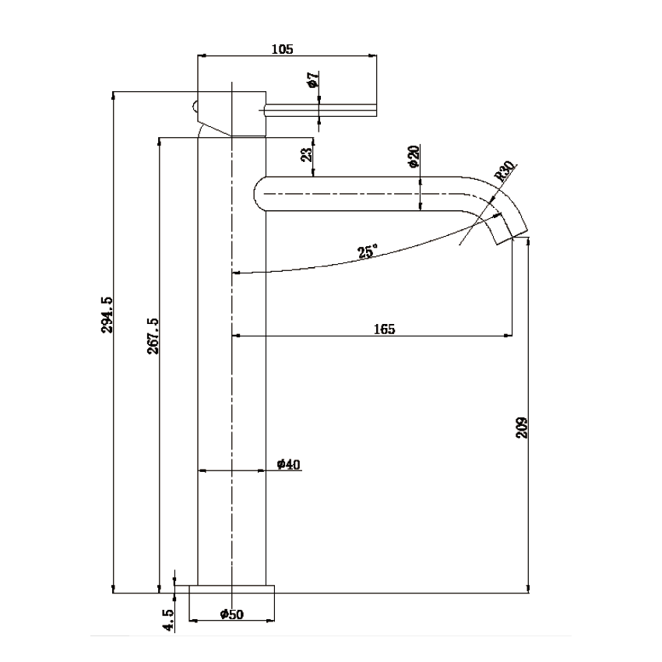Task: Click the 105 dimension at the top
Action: click(x=282, y=49)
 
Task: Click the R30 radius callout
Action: click(x=505, y=170)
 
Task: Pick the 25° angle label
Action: click(x=367, y=252)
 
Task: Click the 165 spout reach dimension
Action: click(x=384, y=329)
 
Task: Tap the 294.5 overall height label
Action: click(x=107, y=315)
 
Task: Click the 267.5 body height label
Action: click(x=153, y=336)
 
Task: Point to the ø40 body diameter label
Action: click(x=288, y=465)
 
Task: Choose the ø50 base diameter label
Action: click(x=231, y=614)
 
